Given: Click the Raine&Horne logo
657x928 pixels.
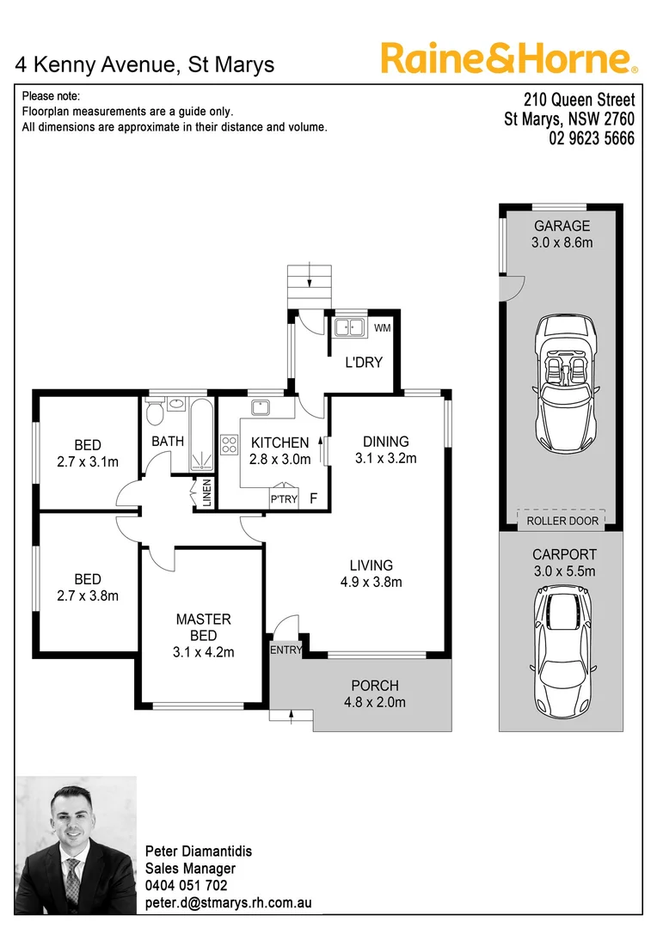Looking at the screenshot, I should [509, 58].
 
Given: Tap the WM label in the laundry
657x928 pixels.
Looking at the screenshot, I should [383, 328].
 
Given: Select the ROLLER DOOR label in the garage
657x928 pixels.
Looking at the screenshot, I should [561, 521].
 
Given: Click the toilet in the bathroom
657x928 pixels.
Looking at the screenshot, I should [155, 414].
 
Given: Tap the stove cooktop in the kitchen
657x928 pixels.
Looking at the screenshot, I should [230, 444].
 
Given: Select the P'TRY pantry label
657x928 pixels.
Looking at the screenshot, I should [283, 499].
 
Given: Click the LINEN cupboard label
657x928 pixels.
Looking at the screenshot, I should [206, 493].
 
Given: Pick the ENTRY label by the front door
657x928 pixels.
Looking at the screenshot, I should [286, 650].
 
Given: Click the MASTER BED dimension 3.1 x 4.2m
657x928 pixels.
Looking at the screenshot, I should [203, 652].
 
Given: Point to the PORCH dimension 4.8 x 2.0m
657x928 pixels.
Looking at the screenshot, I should [375, 702].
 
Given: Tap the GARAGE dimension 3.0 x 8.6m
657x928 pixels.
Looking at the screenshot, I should [562, 242].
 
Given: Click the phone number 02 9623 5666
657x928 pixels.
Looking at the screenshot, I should [592, 138].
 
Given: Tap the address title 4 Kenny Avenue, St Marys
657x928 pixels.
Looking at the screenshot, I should [145, 64].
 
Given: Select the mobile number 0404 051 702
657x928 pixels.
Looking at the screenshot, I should [187, 885].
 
